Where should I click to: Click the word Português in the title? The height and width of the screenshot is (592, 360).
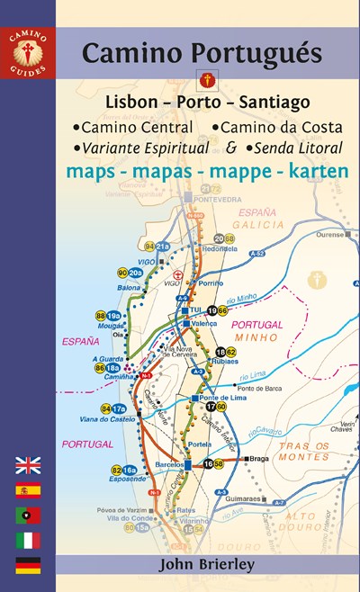(260, 55)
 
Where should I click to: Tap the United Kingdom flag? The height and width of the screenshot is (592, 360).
(28, 465)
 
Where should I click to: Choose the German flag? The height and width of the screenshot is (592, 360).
(28, 565)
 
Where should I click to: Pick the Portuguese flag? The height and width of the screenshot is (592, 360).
(28, 516)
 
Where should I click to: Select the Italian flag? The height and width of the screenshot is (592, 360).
(28, 541)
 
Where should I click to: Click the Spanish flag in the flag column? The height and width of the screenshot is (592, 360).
(28, 490)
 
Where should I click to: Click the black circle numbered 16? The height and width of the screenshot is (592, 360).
(208, 463)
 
